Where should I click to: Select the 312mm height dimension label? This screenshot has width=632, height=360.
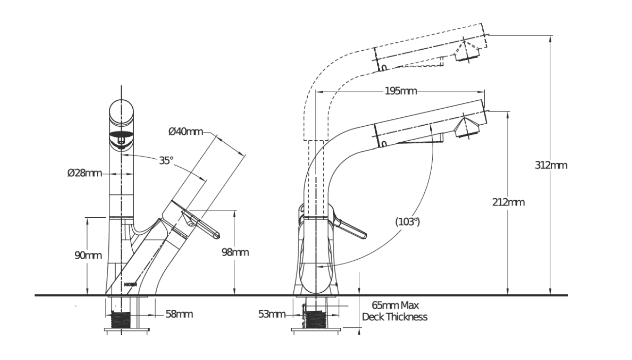point(551,165)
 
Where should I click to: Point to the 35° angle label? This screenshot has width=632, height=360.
point(166,160)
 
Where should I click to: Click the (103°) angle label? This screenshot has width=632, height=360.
point(407,222)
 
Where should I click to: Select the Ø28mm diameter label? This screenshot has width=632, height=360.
point(84,173)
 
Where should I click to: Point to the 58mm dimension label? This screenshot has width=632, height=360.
point(179,314)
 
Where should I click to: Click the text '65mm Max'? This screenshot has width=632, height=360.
point(395,306)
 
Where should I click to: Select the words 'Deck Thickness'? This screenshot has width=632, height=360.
point(395,317)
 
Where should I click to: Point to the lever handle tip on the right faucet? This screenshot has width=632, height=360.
point(362,236)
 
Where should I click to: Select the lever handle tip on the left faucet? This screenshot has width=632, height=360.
point(216,235)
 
